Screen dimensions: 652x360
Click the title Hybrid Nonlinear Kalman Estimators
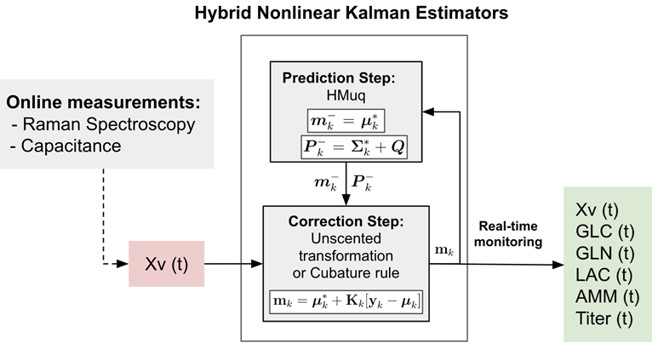tap(352, 13)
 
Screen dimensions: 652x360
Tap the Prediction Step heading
tap(339, 77)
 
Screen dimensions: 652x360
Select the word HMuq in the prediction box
tap(346, 95)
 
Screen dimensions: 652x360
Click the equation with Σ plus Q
tap(354, 146)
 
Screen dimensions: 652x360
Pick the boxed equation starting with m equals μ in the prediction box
tap(346, 121)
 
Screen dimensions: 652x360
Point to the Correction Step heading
tap(346, 221)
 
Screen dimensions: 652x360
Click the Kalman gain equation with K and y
tap(346, 301)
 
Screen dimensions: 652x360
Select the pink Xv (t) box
tap(166, 264)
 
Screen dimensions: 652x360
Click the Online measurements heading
tap(103, 102)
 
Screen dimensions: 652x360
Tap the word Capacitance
tap(71, 146)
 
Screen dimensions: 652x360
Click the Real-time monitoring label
tap(508, 234)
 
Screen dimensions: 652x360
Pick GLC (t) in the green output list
tap(604, 231)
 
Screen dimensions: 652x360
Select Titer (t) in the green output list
tap(603, 318)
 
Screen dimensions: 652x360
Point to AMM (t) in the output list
tap(607, 297)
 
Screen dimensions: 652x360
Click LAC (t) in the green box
tap(603, 275)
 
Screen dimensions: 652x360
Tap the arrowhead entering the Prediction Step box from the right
tap(428, 111)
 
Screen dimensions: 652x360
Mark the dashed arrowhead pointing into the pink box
tap(123, 264)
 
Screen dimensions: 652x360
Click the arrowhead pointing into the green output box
tap(558, 265)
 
